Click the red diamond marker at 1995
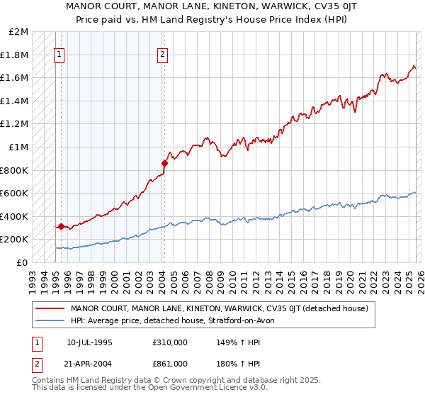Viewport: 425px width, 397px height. (x=62, y=227)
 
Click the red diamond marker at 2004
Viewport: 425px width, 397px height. (x=164, y=163)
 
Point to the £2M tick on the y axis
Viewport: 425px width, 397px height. (x=19, y=32)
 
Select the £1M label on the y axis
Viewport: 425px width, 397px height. (x=19, y=147)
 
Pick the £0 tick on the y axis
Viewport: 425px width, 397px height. (x=23, y=262)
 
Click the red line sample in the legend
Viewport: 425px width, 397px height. (x=50, y=309)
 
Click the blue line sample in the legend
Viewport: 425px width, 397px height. (x=50, y=320)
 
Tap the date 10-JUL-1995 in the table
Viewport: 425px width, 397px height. (x=89, y=342)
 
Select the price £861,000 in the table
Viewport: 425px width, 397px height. (x=169, y=363)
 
